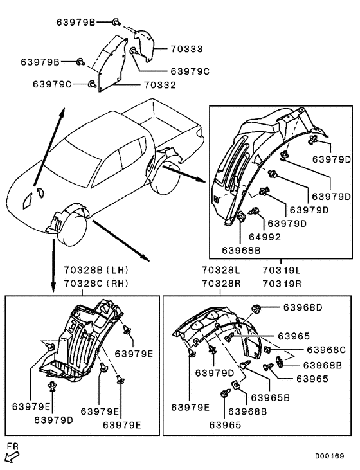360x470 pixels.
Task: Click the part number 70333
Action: pos(186,49)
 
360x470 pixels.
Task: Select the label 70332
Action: pos(160,85)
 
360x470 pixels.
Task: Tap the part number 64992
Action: pos(265,237)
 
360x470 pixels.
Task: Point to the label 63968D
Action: pos(303,307)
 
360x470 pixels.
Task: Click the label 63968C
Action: pos(326,350)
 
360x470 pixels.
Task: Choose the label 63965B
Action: pos(271,398)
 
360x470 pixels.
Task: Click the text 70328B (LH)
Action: pos(96,270)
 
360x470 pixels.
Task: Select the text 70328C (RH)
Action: pos(96,284)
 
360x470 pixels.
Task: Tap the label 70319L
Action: pos(282,271)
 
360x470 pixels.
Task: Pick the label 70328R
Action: pos(221,284)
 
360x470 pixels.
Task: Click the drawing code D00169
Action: pos(329,456)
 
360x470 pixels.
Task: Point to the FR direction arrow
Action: pos(12,456)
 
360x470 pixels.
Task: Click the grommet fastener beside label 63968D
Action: pos(256,308)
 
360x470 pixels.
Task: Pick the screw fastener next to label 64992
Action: pos(254,211)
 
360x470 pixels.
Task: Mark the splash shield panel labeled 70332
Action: pos(113,64)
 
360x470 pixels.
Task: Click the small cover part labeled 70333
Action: pos(143,45)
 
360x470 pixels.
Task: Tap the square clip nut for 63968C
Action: pos(267,349)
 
